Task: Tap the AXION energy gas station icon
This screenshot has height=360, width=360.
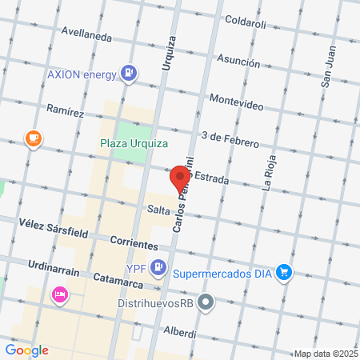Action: click(x=128, y=74)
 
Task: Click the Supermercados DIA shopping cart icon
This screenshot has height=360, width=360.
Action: click(x=283, y=272)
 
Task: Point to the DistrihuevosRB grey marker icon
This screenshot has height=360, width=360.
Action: click(x=207, y=302)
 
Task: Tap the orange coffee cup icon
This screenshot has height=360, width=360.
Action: click(x=33, y=138)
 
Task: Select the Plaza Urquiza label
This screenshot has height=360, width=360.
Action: click(x=134, y=143)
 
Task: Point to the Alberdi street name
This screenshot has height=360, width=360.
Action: click(x=179, y=331)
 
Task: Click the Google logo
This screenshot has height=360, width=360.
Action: click(x=26, y=350)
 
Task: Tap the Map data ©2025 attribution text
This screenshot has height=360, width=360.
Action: click(x=324, y=354)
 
